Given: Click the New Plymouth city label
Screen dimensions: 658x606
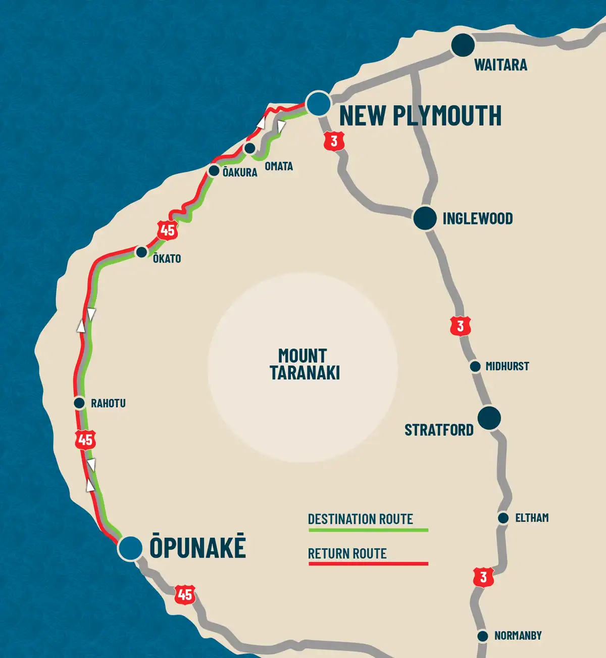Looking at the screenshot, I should coord(420,116).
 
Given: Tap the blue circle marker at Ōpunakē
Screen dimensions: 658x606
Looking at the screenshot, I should coord(130,548).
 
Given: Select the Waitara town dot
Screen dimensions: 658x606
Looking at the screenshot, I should coord(463,45).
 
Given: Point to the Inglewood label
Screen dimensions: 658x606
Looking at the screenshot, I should coord(477,218).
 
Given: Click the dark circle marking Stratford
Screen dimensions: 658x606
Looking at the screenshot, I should coord(489,418).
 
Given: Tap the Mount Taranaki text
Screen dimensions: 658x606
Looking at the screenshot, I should coord(304,364).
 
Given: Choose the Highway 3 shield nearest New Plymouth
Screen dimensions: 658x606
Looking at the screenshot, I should coord(334,142).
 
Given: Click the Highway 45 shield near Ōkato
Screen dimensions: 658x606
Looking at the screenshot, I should coord(167,230).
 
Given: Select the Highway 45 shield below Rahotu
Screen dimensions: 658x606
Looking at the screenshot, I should coord(85,440).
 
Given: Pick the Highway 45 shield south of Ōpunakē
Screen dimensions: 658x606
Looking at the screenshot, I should coord(185,595).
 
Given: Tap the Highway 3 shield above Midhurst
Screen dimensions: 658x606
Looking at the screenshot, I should coord(460,326).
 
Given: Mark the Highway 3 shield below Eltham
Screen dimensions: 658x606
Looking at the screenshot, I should coord(483,577).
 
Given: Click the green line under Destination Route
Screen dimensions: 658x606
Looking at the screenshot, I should coord(368,530).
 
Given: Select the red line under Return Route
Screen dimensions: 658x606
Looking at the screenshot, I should coord(368,563).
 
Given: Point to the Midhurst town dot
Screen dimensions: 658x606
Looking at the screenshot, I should coord(475,366).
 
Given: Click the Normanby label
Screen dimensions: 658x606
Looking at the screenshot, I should coord(518,636).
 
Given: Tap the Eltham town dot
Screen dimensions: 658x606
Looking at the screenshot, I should coord(503,518).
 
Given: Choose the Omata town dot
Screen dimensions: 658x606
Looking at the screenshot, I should coord(249,149).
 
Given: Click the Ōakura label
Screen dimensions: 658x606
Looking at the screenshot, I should coord(240,172).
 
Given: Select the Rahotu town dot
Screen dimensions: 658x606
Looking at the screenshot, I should coord(79,403).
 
